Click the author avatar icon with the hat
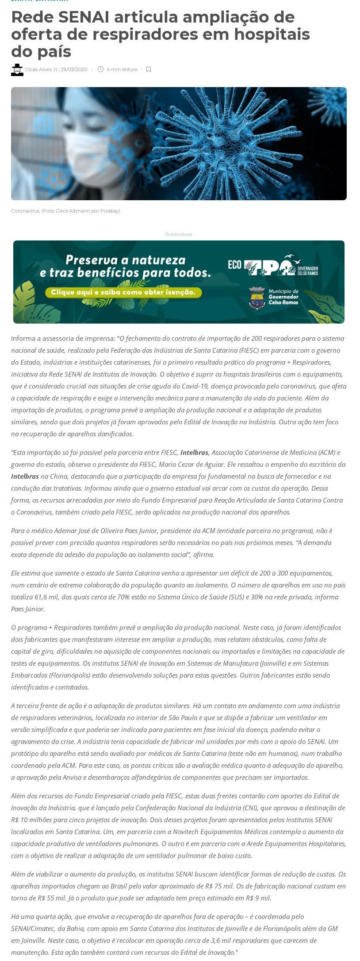[x=17, y=69]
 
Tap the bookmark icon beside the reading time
[x=149, y=69]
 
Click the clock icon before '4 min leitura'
[x=100, y=69]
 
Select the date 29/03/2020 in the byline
[x=74, y=69]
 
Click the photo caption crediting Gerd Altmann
[x=65, y=211]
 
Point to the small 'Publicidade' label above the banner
[x=179, y=234]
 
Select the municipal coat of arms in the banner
[x=257, y=297]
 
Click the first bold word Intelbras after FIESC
[x=194, y=452]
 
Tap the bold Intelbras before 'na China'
[x=25, y=476]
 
